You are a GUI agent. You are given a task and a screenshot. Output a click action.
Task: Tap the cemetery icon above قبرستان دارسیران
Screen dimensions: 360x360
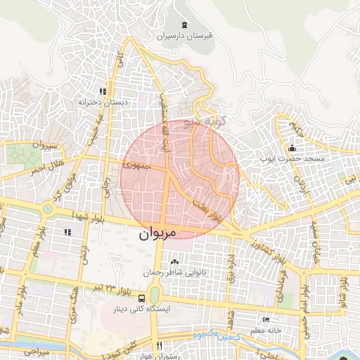(184, 25)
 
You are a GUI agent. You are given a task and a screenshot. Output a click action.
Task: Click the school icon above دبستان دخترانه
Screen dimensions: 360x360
(103, 91)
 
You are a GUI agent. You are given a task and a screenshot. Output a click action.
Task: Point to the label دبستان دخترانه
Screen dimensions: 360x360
(103, 102)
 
